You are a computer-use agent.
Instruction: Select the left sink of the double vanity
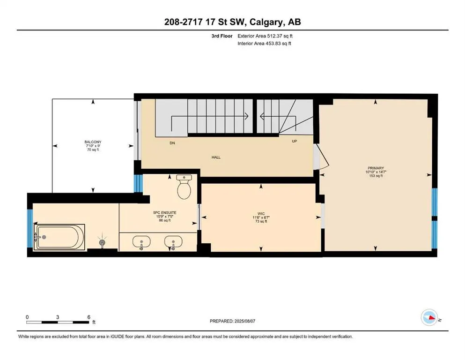(140, 243)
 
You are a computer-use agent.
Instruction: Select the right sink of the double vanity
(172, 243)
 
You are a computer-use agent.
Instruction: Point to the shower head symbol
(103, 242)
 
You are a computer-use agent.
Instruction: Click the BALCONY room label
(93, 142)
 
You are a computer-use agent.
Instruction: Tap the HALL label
(215, 157)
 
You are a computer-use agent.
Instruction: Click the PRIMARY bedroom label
(376, 168)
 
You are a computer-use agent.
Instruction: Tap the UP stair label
(294, 141)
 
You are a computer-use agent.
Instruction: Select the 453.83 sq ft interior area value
(276, 44)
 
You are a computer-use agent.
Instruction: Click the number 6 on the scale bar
(89, 316)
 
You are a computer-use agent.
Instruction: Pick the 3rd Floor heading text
(221, 36)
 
